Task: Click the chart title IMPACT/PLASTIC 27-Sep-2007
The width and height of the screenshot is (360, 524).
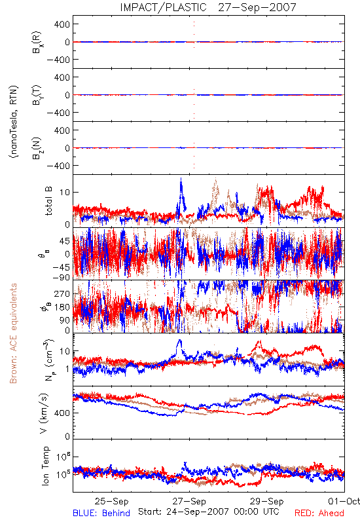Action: click(208, 7)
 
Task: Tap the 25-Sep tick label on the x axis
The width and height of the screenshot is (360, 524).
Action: click(111, 501)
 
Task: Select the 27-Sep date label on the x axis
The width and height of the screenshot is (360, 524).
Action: click(189, 501)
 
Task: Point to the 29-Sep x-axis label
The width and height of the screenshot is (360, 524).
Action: click(267, 501)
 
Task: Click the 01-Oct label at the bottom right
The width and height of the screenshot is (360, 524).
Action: click(344, 501)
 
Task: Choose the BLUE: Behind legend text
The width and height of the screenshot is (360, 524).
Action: click(101, 513)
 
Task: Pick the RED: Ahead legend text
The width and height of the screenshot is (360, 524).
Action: click(319, 513)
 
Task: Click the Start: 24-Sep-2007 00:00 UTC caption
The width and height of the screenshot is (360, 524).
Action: click(208, 512)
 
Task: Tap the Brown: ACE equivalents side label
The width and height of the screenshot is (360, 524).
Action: click(13, 333)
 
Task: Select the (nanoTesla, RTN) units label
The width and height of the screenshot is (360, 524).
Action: click(14, 122)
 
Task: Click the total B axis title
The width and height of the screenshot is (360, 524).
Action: click(48, 201)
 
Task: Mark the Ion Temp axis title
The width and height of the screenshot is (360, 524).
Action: click(45, 466)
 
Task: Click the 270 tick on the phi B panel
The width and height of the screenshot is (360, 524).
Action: click(62, 293)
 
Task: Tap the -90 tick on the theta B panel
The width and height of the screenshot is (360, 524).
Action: click(62, 277)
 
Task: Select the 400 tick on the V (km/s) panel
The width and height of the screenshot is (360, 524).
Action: click(62, 413)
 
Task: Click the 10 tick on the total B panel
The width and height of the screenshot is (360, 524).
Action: click(65, 192)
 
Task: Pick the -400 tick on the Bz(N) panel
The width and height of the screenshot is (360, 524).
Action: click(58, 166)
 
